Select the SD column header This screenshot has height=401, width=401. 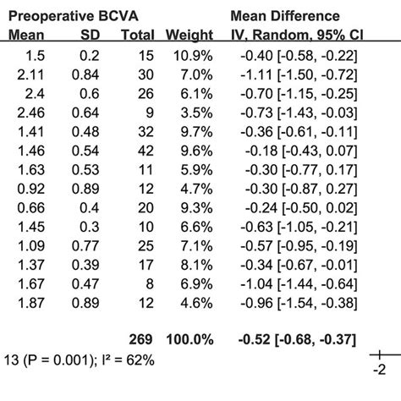point(90,36)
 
